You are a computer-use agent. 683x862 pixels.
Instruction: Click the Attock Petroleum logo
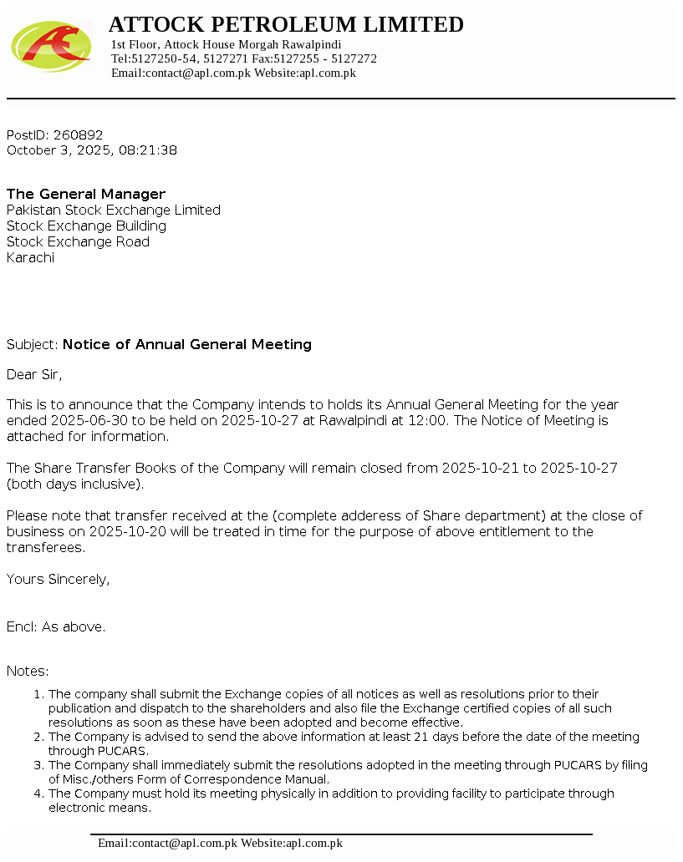[x=51, y=47]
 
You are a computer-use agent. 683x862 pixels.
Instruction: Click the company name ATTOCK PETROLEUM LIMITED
[x=286, y=25]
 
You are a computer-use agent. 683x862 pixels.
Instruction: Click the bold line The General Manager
[x=86, y=195]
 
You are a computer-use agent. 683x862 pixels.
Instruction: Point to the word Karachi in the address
[x=30, y=258]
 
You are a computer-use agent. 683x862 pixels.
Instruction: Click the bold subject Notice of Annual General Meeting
[x=187, y=345]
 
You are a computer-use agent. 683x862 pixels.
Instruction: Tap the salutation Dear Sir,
[x=34, y=374]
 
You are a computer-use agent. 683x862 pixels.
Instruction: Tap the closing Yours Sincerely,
[x=58, y=579]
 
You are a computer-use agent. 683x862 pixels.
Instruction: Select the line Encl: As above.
[x=56, y=627]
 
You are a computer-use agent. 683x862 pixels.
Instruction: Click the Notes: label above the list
[x=28, y=672]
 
